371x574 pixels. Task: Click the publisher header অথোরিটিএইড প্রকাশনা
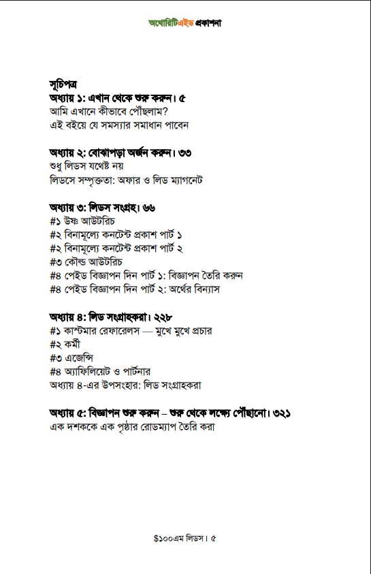(185, 22)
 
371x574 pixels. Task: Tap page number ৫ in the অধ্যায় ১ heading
(183, 98)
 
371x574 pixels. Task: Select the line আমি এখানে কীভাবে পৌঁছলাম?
(110, 111)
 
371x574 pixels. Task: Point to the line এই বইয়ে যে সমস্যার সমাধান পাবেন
(119, 125)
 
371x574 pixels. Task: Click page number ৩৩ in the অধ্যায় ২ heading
(183, 153)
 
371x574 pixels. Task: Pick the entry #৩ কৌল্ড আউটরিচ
(86, 261)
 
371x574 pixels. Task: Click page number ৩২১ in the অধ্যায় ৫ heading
(291, 413)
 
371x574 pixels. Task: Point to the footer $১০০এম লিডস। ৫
(185, 538)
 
